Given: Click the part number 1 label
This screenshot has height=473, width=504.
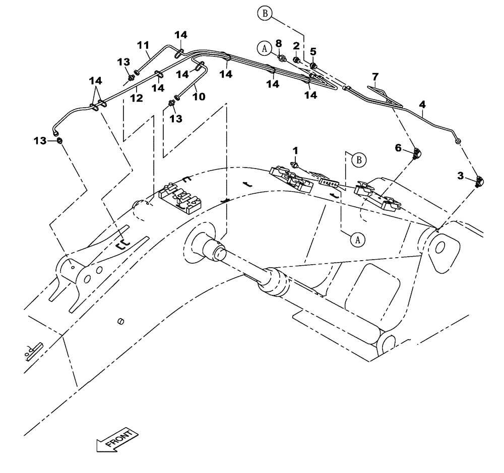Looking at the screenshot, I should (296, 150).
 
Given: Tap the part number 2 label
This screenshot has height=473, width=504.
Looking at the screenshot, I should (296, 45).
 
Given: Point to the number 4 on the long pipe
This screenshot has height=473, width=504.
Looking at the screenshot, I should (422, 105).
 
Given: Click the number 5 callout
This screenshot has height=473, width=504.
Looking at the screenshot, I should (312, 51).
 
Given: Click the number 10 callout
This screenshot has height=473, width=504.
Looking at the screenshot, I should (199, 96).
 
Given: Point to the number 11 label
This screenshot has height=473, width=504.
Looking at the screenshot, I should (144, 45).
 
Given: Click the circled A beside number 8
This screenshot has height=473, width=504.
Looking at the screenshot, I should (263, 48).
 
